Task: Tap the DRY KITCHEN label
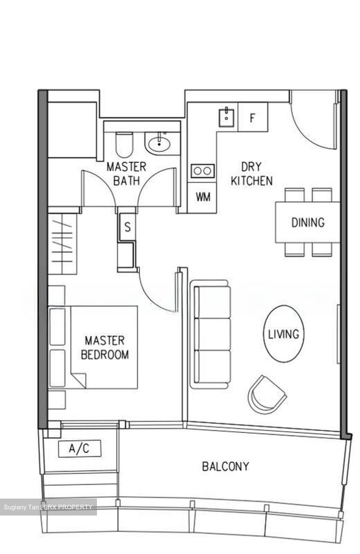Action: coord(252,174)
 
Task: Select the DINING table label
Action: coord(308,222)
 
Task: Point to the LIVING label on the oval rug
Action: coord(283,334)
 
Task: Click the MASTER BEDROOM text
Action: coord(105,347)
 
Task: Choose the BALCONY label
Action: coord(225,466)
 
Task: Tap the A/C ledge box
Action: coord(79,449)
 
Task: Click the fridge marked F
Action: coord(252,117)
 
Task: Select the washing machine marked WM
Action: coord(203,197)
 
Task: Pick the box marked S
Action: coord(127,227)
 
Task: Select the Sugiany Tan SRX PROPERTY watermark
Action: coord(48,507)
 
